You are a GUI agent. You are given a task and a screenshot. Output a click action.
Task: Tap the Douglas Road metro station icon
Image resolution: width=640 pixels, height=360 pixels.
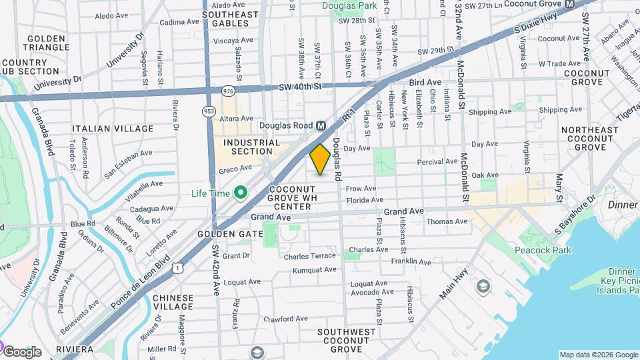321,125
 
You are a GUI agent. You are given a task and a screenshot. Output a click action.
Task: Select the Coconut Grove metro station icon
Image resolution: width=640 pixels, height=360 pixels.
569,4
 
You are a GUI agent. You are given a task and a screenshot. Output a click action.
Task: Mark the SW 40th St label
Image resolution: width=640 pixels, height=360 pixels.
300,86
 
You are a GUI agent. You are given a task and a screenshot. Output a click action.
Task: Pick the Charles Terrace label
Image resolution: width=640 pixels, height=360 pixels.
309,256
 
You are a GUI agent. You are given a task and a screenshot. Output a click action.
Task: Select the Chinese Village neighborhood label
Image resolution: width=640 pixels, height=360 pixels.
173,302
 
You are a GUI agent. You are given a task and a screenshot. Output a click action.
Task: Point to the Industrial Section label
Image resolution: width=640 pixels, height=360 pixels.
251,147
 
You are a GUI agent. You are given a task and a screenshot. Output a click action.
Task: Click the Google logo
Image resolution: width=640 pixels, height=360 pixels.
22,351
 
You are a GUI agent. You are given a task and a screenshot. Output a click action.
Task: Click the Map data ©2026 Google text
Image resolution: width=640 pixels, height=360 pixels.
598,355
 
